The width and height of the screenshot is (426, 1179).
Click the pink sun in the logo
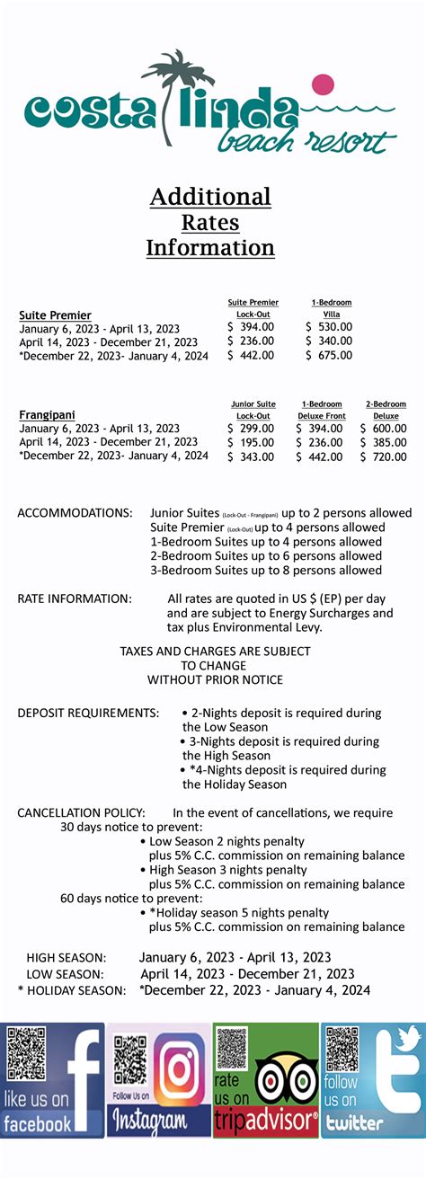322,87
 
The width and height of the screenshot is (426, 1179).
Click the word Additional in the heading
210,197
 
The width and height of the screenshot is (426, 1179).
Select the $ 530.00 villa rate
329,327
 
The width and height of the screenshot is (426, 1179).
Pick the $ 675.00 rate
329,356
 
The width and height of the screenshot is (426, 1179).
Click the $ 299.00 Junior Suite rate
251,429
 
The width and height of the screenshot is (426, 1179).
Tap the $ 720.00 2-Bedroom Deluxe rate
383,457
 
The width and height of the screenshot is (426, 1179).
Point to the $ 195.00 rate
251,443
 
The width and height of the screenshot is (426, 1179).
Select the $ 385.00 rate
383,443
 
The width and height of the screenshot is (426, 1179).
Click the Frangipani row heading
47,415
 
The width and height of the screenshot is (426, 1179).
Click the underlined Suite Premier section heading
55,315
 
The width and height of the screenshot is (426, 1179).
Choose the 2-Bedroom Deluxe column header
386,410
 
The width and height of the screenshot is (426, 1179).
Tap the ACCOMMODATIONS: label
75,513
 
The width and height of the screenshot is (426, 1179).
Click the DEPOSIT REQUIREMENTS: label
88,713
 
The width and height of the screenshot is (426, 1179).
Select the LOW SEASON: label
65,974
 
